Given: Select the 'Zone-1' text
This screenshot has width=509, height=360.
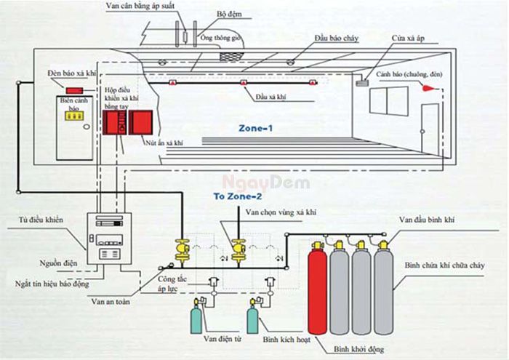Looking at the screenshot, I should [257, 127].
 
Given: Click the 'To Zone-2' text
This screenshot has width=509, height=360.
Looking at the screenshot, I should [233, 197].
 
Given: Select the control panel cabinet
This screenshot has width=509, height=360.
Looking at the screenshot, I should [109, 239].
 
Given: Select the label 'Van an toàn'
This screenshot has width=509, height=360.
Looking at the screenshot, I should [111, 300].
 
